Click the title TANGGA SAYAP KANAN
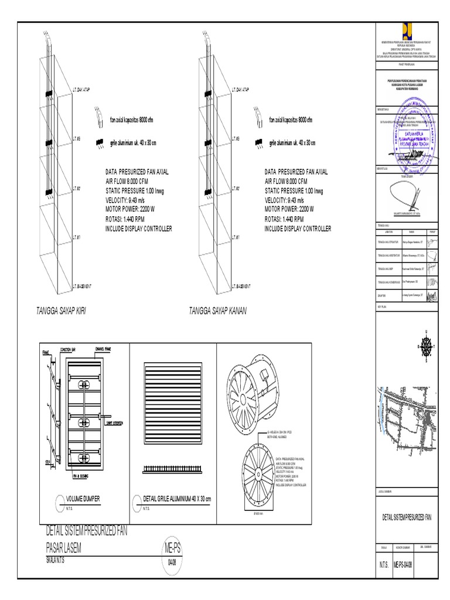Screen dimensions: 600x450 click(217, 311)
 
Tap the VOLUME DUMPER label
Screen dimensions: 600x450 click(83, 498)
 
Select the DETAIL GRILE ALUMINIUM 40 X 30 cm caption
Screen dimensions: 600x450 click(176, 498)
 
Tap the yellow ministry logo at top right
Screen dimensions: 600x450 click(407, 30)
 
